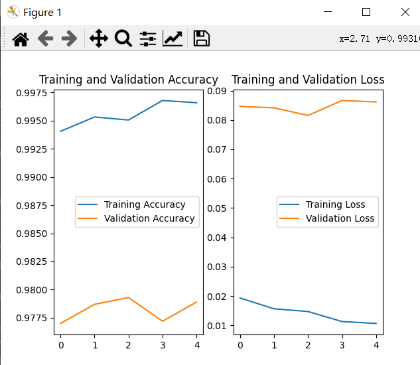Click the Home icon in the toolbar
tap(21, 39)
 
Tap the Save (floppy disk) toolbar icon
tap(202, 38)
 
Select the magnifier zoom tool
tap(123, 38)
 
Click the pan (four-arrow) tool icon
tap(99, 38)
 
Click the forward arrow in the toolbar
tap(70, 38)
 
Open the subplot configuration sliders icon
tap(148, 39)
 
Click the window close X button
tap(405, 12)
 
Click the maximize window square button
tap(366, 12)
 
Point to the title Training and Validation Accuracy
tap(129, 80)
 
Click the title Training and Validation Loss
tap(308, 80)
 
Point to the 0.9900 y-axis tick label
tap(32, 177)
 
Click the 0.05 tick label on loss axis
tap(217, 208)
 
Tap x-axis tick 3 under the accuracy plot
tap(163, 345)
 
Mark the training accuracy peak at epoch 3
tap(163, 100)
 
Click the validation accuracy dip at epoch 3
tap(163, 321)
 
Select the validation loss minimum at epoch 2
tap(308, 115)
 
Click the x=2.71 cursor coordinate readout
tap(354, 39)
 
